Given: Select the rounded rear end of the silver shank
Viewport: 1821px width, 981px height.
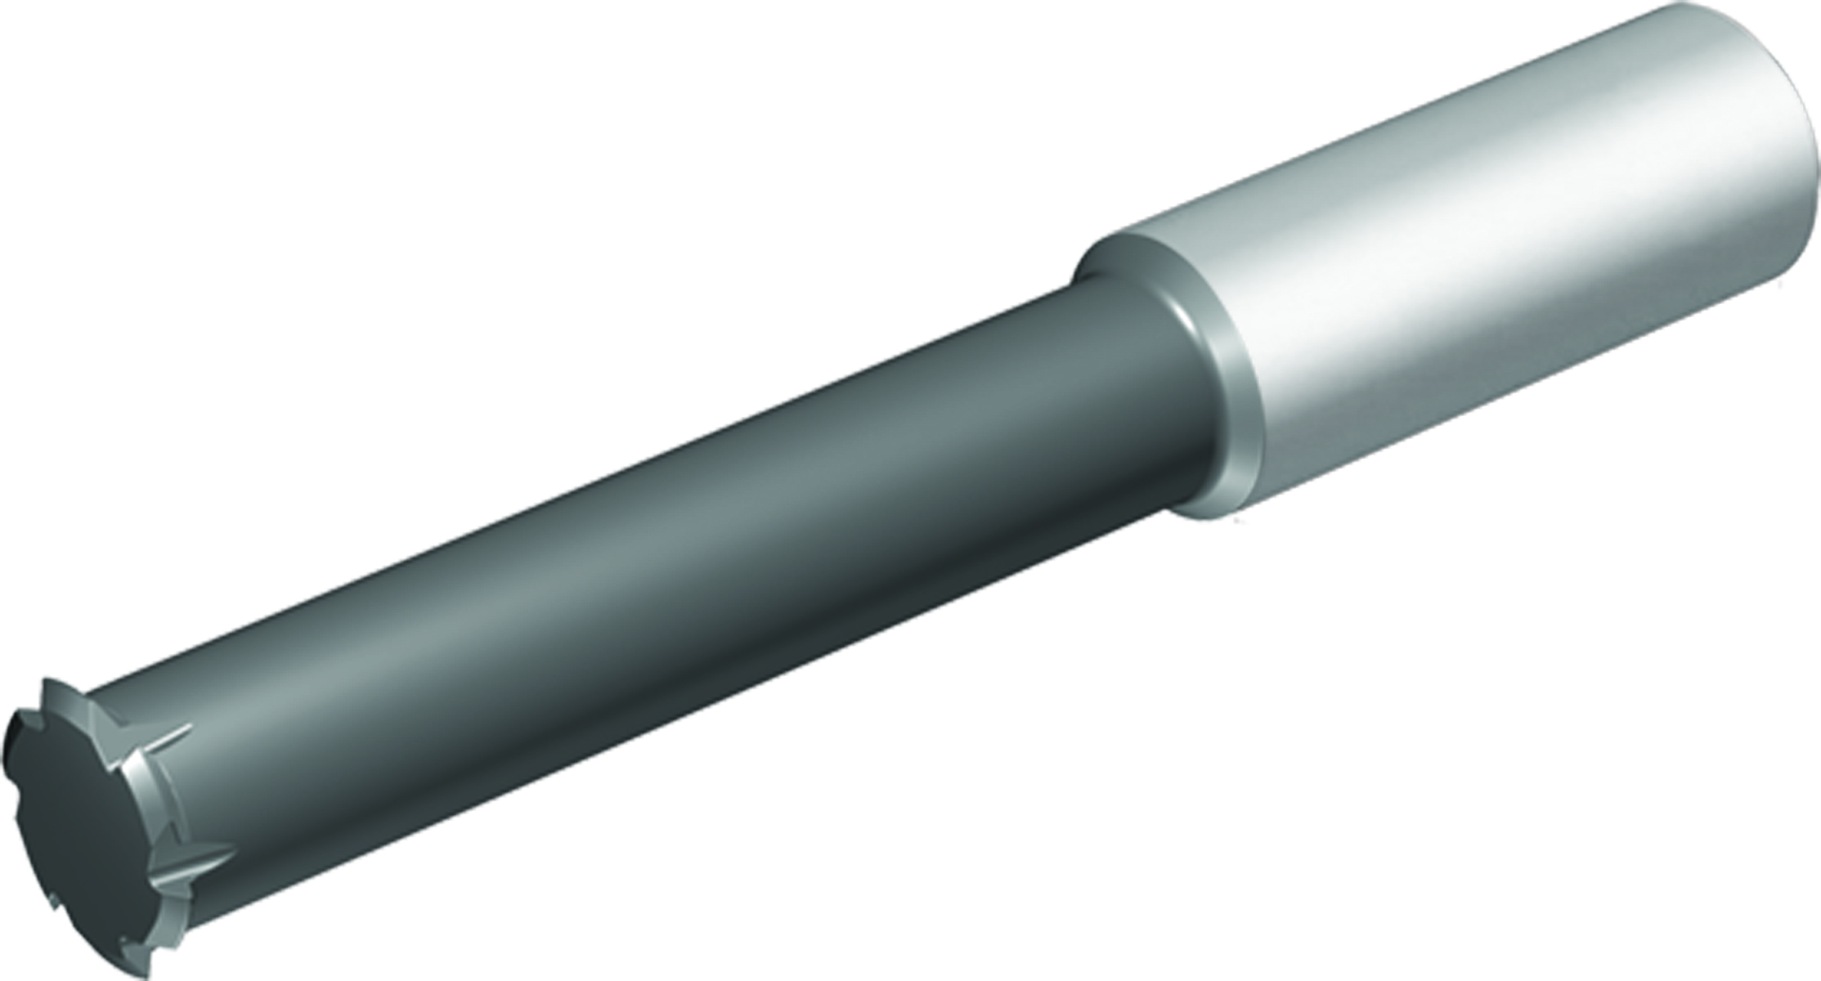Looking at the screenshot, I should [1799, 139].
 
